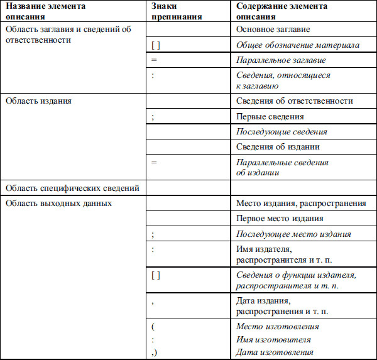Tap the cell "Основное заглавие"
[x=273, y=29]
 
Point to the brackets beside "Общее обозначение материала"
[x=156, y=45]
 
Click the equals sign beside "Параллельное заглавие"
[x=154, y=60]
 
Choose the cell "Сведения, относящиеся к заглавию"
[x=283, y=80]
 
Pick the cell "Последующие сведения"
[x=281, y=132]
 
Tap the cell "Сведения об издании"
[x=278, y=147]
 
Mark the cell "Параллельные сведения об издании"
[x=282, y=167]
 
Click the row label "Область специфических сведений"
[x=71, y=188]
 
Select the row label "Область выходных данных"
[x=58, y=204]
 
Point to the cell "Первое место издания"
[x=280, y=219]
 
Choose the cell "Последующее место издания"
[x=293, y=234]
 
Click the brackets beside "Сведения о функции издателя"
[x=156, y=275]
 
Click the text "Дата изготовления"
[x=274, y=352]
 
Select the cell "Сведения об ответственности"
[x=294, y=101]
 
